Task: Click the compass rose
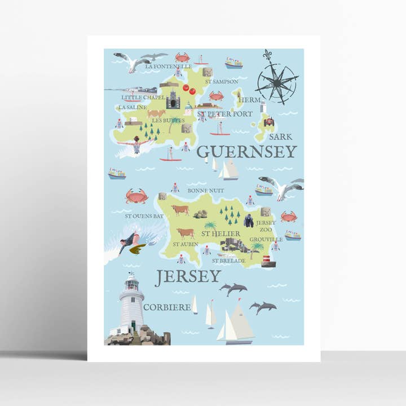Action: [277, 81]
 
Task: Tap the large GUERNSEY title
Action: [246, 151]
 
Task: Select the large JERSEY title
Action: [188, 276]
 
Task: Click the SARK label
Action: [280, 136]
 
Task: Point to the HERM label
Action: [249, 100]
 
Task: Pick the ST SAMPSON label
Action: [222, 81]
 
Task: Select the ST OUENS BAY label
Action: [144, 215]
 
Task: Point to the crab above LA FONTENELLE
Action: [182, 57]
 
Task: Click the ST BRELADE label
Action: [228, 261]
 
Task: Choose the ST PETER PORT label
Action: [225, 113]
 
